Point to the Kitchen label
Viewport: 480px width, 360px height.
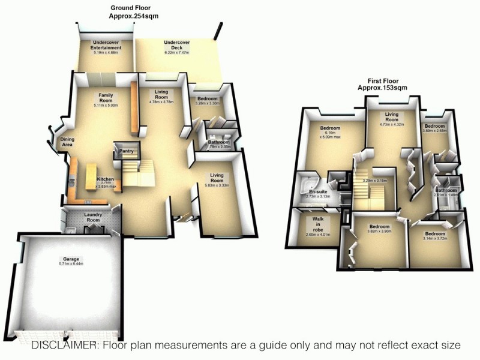pyautogui.click(x=106, y=179)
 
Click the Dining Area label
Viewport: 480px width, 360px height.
pyautogui.click(x=67, y=142)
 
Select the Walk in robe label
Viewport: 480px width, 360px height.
pyautogui.click(x=317, y=224)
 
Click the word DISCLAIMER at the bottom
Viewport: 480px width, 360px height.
pyautogui.click(x=65, y=345)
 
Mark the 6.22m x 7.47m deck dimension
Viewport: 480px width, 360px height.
pyautogui.click(x=176, y=53)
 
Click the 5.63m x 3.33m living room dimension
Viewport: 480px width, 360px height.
pyautogui.click(x=217, y=185)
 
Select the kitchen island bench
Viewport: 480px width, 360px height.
pyautogui.click(x=92, y=178)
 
